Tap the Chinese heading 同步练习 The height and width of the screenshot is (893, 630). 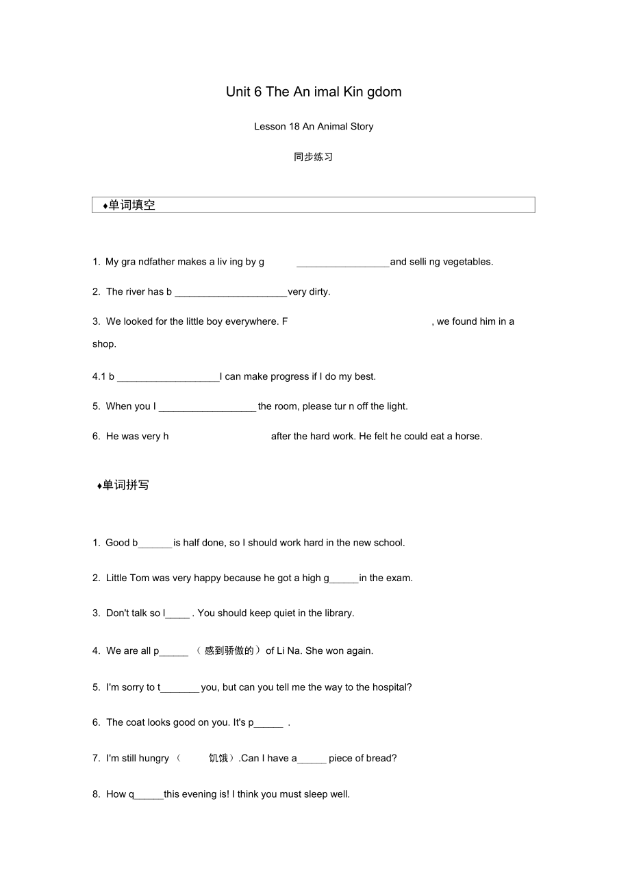313,157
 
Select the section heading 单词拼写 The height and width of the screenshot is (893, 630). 125,485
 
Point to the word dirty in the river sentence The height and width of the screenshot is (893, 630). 319,292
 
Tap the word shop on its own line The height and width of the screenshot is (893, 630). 104,344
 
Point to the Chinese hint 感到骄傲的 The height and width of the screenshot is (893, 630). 229,651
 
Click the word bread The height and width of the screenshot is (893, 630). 382,759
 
